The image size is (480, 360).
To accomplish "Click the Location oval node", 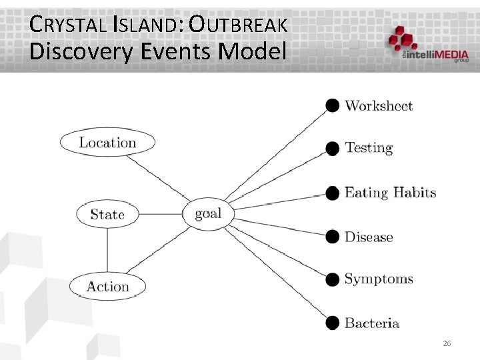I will click(x=107, y=143).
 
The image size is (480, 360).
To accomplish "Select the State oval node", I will click(x=107, y=215).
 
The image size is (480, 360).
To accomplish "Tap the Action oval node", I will click(x=107, y=287).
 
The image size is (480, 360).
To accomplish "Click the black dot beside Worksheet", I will click(x=332, y=105).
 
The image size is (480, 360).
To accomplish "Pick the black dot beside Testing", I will click(x=332, y=148).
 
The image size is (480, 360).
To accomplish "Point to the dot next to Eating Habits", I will click(x=332, y=193).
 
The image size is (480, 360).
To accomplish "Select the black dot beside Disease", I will click(x=332, y=236).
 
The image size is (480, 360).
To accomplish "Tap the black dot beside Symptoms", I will click(x=332, y=279).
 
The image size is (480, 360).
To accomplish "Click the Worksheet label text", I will click(x=379, y=106).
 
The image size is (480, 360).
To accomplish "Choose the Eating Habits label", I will click(x=390, y=193).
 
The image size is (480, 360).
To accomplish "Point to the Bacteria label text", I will click(x=372, y=323).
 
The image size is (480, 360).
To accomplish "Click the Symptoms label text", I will click(x=379, y=279).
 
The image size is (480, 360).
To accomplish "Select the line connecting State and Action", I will click(x=107, y=250).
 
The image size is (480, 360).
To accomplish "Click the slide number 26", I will click(x=447, y=343).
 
